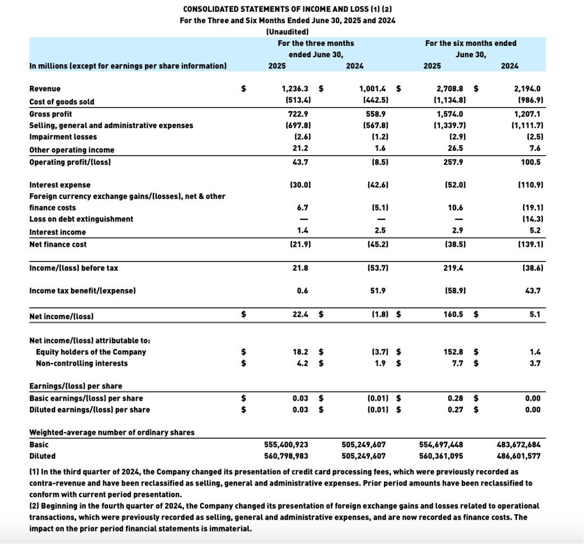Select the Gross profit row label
pyautogui.click(x=50, y=114)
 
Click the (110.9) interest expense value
pyautogui.click(x=530, y=185)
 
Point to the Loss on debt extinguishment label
pyautogui.click(x=81, y=219)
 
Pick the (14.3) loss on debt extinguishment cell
pyautogui.click(x=532, y=219)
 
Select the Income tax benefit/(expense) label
pyautogui.click(x=82, y=291)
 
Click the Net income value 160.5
pyautogui.click(x=454, y=314)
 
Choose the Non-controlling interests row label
pyautogui.click(x=82, y=363)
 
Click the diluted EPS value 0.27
pyautogui.click(x=455, y=409)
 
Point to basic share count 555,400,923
pyautogui.click(x=286, y=445)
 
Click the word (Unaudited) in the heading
pyautogui.click(x=287, y=32)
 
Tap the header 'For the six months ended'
pyautogui.click(x=470, y=43)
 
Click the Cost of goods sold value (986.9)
pyautogui.click(x=529, y=102)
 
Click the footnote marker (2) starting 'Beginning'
pyautogui.click(x=34, y=506)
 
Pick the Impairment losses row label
pyautogui.click(x=63, y=137)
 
